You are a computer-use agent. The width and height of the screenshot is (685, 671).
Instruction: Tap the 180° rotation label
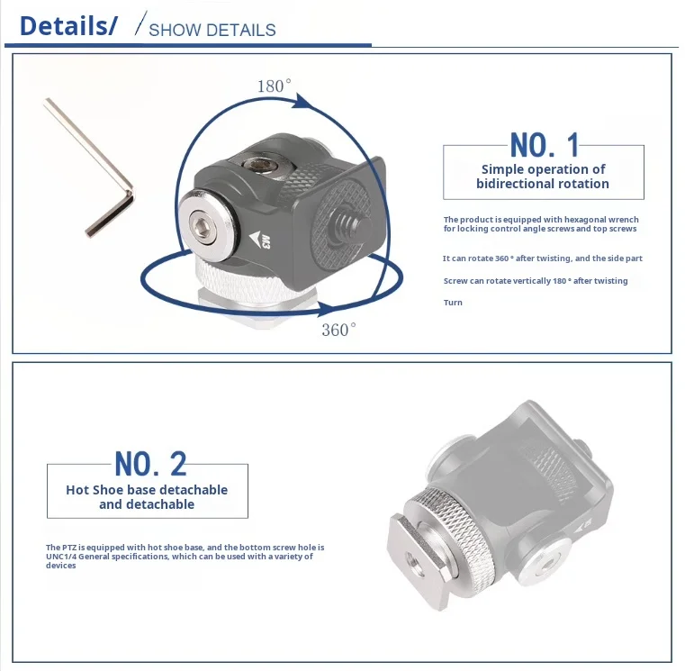(274, 86)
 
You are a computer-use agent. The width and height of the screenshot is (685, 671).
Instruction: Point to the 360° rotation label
(338, 330)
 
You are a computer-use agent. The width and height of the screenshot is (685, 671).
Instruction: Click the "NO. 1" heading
(545, 145)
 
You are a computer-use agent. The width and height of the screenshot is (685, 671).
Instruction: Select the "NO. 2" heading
(150, 464)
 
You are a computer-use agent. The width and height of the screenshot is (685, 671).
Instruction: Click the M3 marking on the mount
(266, 241)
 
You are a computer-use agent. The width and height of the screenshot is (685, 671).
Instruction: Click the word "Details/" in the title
(68, 26)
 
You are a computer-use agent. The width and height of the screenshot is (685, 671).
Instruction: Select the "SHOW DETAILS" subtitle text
(212, 30)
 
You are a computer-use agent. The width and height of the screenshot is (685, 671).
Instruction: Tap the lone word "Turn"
(453, 303)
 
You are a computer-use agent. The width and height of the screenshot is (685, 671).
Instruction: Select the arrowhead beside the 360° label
(328, 309)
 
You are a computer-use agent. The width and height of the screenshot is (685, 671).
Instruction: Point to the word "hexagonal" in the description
(563, 220)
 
